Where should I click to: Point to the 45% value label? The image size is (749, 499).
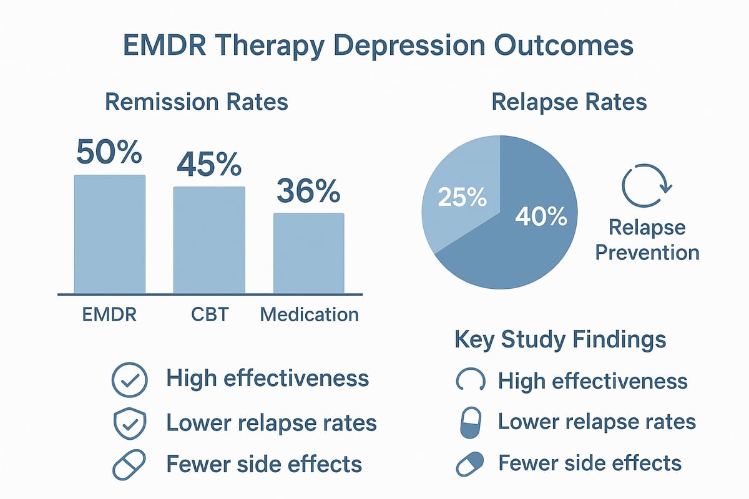pyautogui.click(x=208, y=164)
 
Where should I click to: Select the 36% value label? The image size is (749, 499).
pyautogui.click(x=308, y=191)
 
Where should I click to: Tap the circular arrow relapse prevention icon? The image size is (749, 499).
pyautogui.click(x=646, y=185)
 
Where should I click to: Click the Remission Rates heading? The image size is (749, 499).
pyautogui.click(x=197, y=102)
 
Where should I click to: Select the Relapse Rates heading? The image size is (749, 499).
pyautogui.click(x=569, y=102)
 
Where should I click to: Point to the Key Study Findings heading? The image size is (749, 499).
pyautogui.click(x=560, y=340)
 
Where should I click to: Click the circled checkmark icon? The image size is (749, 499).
pyautogui.click(x=129, y=380)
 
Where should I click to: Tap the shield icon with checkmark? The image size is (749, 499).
pyautogui.click(x=129, y=423)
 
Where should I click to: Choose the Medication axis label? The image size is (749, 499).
pyautogui.click(x=310, y=314)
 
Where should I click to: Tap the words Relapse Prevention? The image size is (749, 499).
pyautogui.click(x=647, y=240)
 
